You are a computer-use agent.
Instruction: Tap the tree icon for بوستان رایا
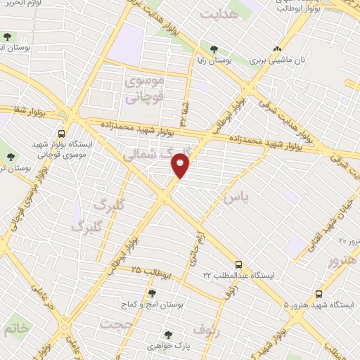coord(214,49)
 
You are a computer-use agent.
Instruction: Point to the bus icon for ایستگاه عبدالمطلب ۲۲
coord(238,264)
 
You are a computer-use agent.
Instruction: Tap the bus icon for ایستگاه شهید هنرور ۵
coord(319,294)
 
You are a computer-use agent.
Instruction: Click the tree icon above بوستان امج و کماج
coord(152,293)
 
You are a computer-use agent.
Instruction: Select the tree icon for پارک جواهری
coord(167,335)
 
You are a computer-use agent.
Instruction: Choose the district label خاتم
coord(15,328)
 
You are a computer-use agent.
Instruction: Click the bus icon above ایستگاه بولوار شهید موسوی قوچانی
coord(62,133)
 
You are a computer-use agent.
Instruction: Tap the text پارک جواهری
coord(167,347)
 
